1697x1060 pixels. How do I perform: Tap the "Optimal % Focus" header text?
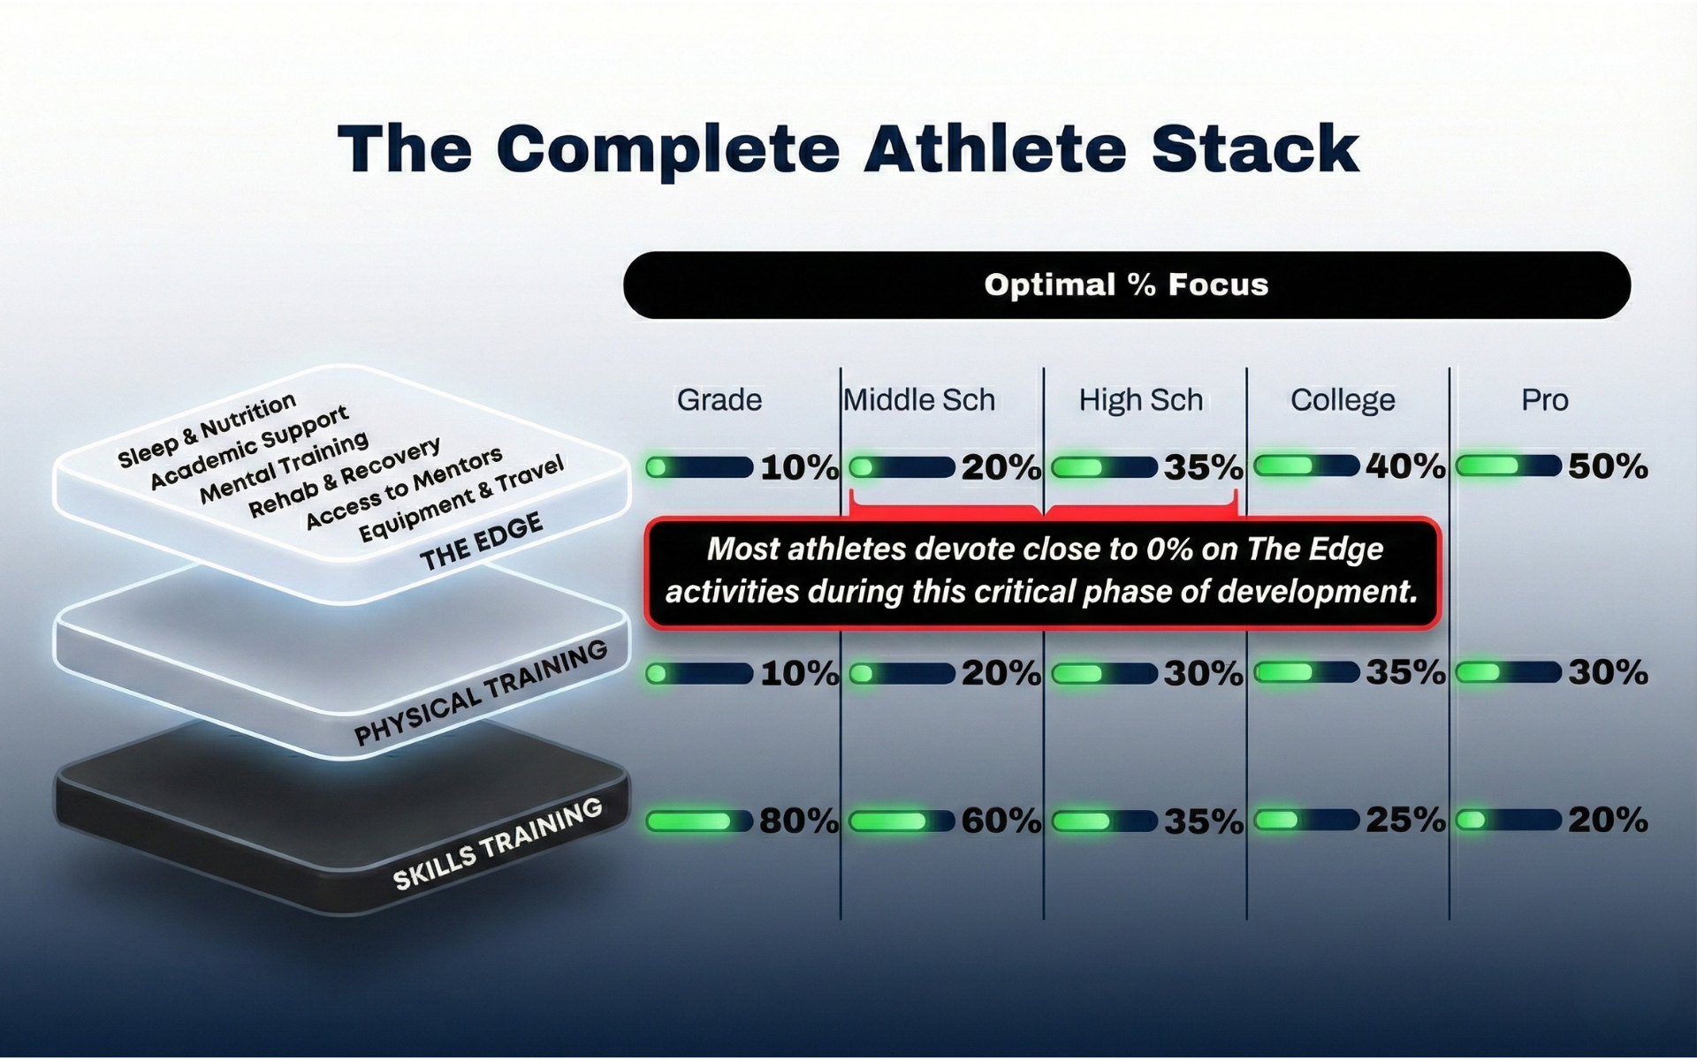(1126, 284)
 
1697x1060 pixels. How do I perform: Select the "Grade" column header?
(719, 399)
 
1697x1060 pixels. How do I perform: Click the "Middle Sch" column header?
(919, 399)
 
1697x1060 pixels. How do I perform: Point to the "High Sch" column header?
(1140, 399)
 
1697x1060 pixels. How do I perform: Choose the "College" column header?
(1343, 399)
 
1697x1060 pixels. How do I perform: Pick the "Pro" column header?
(1544, 399)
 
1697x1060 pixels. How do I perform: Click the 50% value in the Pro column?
(1608, 466)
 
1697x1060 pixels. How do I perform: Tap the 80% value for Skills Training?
(798, 821)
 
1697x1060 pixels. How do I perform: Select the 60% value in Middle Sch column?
(1001, 821)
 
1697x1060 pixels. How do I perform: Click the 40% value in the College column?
(1405, 466)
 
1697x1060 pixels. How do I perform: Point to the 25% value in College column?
(1405, 820)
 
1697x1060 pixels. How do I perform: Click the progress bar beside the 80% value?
(698, 821)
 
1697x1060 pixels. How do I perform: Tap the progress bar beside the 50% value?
(1508, 466)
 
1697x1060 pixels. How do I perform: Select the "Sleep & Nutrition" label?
(207, 430)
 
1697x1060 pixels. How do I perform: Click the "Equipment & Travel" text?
(460, 499)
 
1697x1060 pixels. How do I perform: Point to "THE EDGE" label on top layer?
(481, 542)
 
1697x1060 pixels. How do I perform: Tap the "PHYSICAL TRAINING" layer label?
(480, 693)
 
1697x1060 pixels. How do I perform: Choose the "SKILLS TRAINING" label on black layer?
(497, 843)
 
